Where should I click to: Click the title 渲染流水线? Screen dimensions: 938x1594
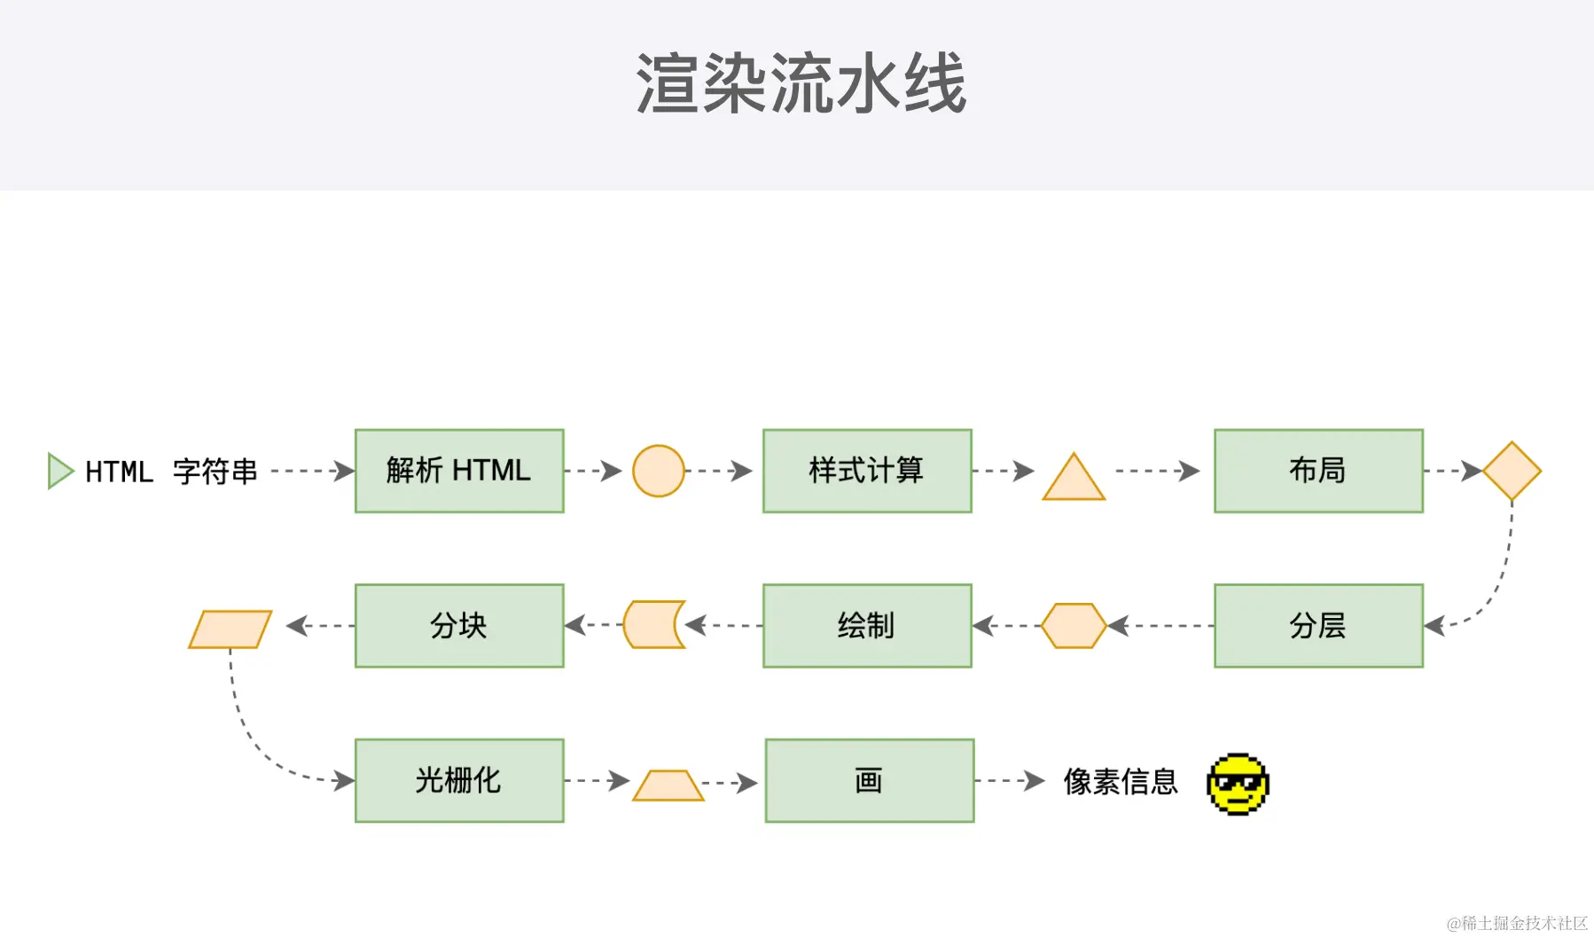[801, 83]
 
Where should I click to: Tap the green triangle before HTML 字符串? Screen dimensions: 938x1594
[59, 471]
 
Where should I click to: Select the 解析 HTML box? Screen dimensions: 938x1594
[459, 471]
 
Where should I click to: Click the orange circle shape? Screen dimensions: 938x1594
[658, 471]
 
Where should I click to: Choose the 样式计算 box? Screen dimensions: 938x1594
[867, 471]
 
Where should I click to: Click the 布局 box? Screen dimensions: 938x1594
[1318, 471]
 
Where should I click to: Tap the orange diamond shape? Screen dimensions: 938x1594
[1512, 471]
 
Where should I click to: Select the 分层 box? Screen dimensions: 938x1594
[1318, 626]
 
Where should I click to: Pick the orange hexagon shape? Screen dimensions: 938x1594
[1074, 626]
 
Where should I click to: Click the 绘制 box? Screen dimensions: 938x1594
[867, 626]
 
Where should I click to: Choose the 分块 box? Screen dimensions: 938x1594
[459, 626]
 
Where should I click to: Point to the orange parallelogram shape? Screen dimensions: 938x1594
[230, 629]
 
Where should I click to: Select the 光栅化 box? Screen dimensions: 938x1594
[459, 780]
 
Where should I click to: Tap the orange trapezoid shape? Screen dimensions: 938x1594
[668, 786]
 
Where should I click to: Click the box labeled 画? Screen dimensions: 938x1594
[870, 780]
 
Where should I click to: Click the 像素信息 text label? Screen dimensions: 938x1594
[1121, 781]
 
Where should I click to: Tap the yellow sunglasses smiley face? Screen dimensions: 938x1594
[1238, 784]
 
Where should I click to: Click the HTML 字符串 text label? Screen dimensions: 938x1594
[171, 472]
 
